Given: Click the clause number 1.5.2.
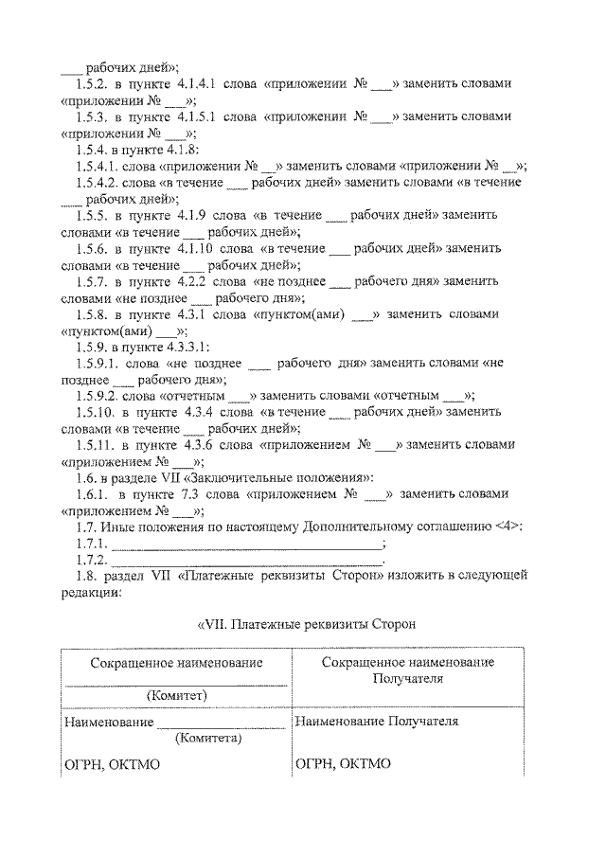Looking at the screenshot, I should click(x=94, y=83).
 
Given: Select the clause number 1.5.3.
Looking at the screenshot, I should click(x=94, y=117).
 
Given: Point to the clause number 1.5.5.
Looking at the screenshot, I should click(x=94, y=216).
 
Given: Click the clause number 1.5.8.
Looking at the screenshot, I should click(x=94, y=314).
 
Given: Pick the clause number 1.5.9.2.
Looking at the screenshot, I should click(x=98, y=396).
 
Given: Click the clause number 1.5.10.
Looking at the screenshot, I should click(x=96, y=413).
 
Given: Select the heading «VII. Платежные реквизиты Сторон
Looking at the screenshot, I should click(x=305, y=624).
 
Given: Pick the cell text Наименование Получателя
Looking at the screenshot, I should click(x=377, y=723).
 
